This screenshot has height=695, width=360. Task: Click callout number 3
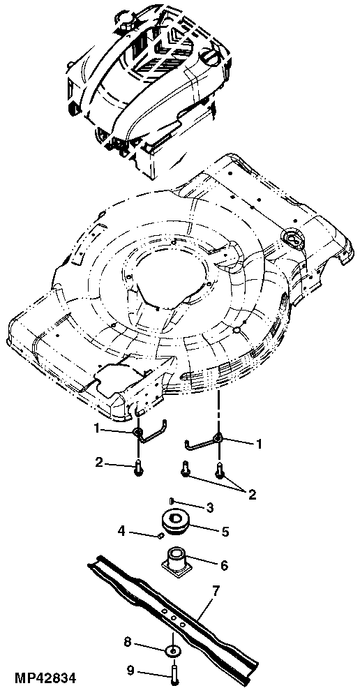[x=208, y=506]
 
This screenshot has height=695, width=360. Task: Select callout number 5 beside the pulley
[x=225, y=532]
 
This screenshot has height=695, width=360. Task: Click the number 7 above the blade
[x=216, y=592]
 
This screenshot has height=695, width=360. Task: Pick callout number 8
[x=128, y=640]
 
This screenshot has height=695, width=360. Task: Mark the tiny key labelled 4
[x=161, y=536]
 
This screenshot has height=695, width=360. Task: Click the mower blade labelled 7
[x=174, y=614]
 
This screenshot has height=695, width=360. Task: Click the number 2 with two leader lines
[x=252, y=495]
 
